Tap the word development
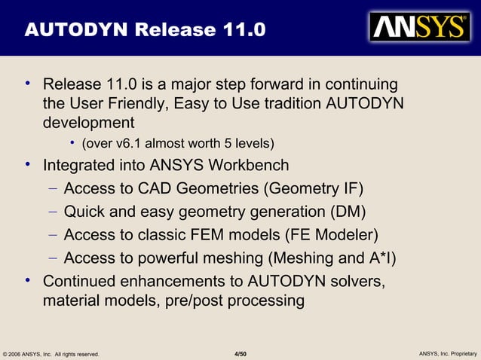point(88,122)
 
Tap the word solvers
point(358,282)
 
